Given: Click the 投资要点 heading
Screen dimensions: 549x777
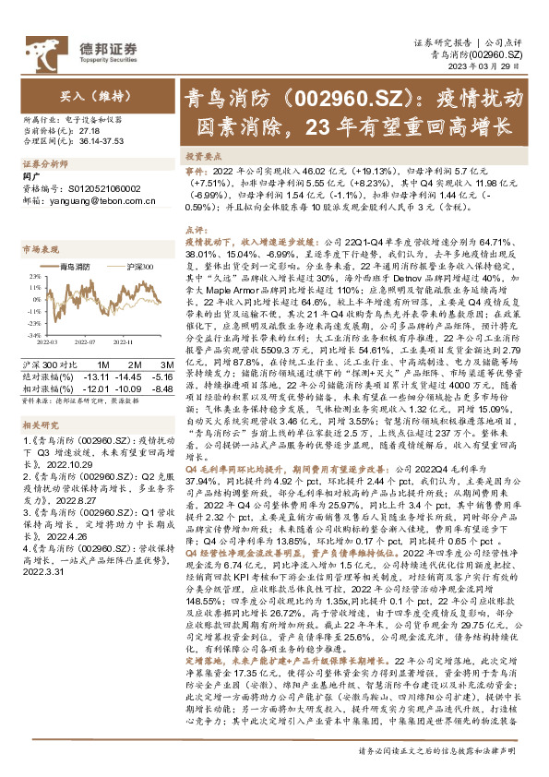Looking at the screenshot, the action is [205, 158].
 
